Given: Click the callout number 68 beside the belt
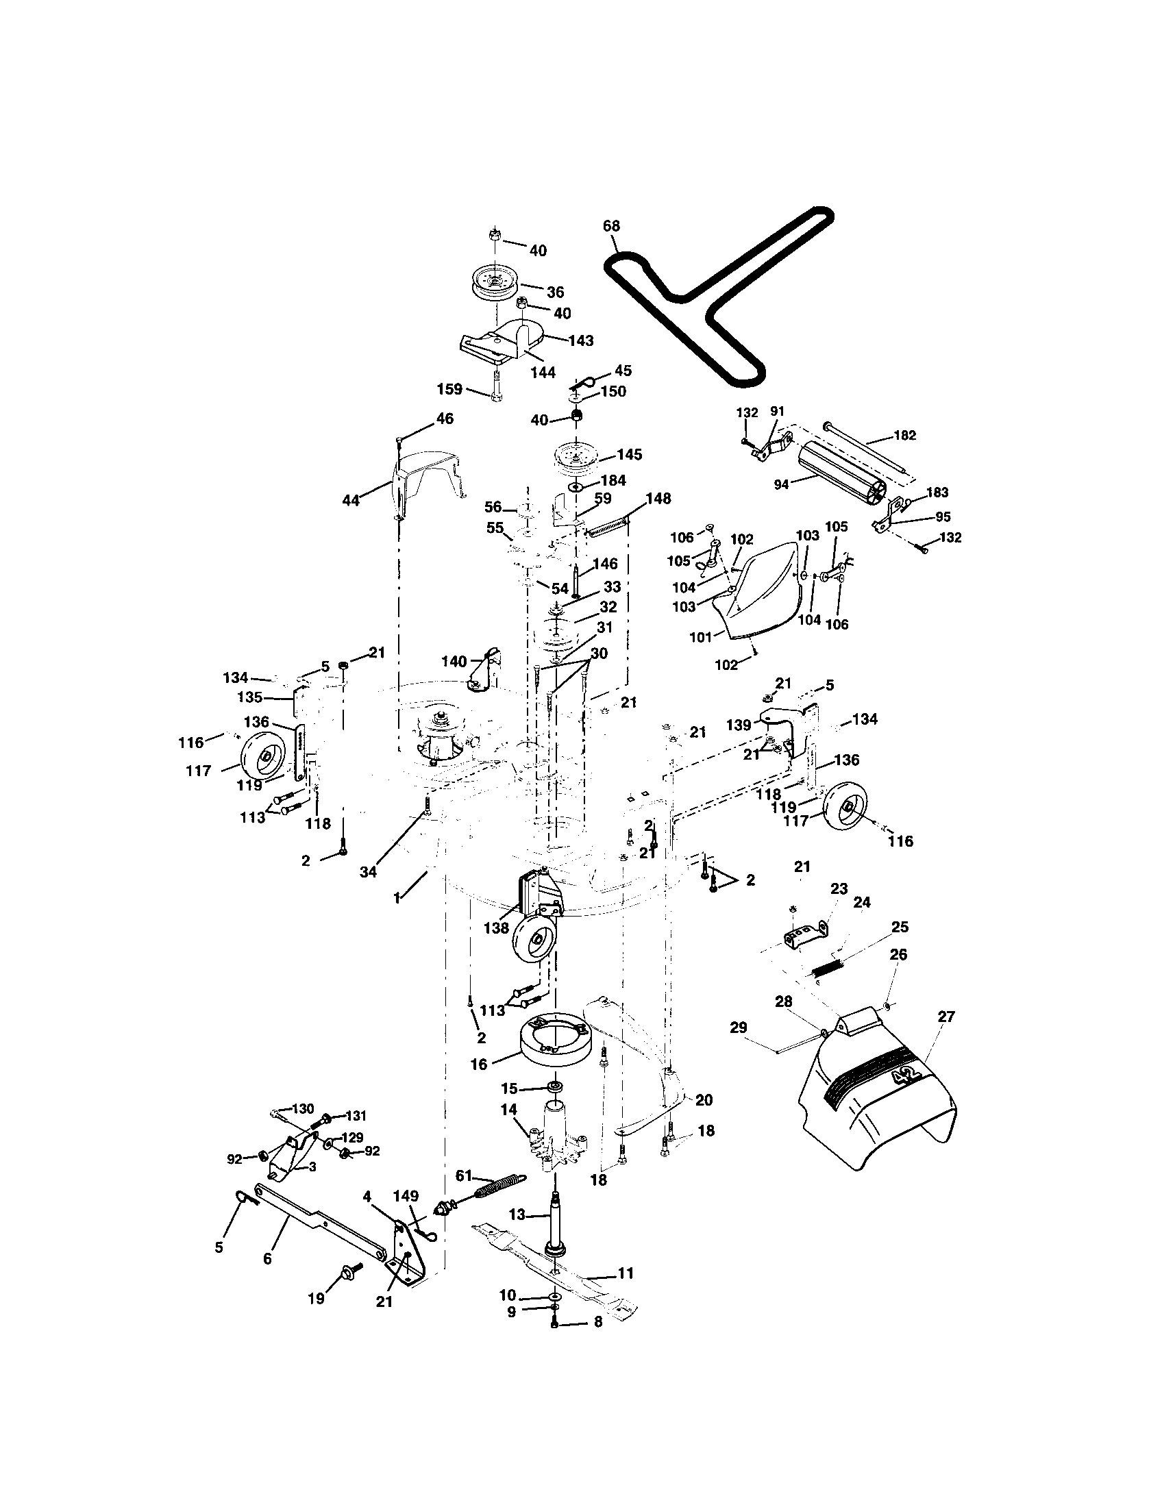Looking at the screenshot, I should (x=610, y=225).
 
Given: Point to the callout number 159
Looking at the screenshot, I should (x=449, y=388).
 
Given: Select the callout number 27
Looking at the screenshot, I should (x=946, y=1017).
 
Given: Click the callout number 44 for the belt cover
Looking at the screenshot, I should (x=351, y=500).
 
